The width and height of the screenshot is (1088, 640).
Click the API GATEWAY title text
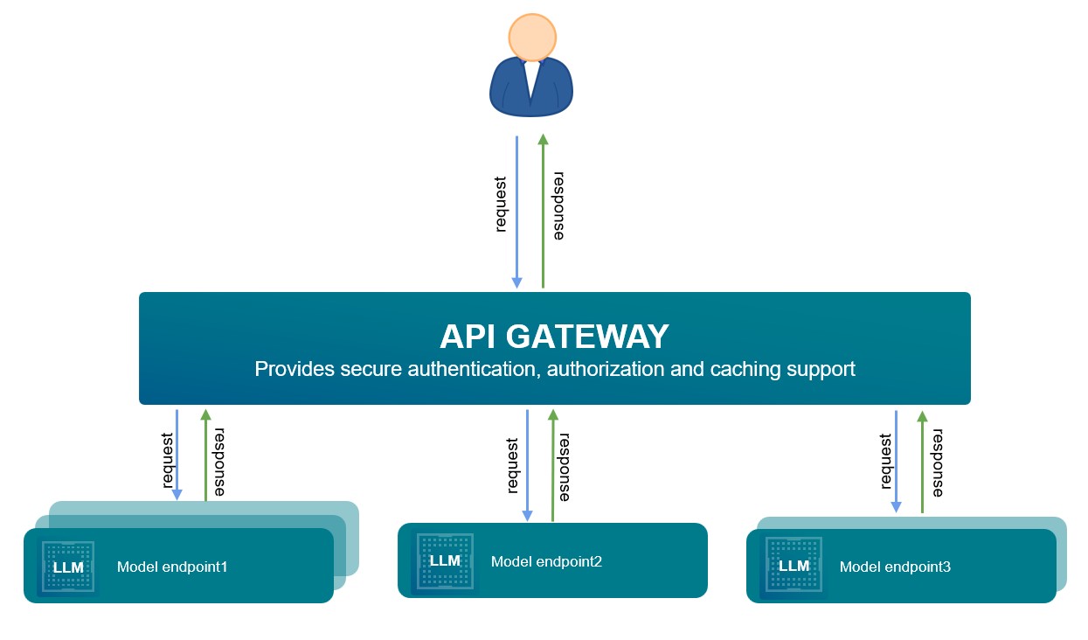(554, 337)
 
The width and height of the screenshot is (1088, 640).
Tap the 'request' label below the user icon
(501, 205)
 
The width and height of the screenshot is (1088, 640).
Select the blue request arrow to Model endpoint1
(177, 455)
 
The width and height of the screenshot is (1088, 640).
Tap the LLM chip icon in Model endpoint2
(445, 560)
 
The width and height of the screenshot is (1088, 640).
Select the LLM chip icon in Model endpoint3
(793, 566)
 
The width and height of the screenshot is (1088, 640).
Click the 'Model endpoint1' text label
(172, 567)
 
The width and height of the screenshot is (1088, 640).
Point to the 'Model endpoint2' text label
(546, 561)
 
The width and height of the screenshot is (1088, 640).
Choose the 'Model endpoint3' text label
(895, 567)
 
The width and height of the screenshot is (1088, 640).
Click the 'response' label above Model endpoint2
(565, 467)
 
